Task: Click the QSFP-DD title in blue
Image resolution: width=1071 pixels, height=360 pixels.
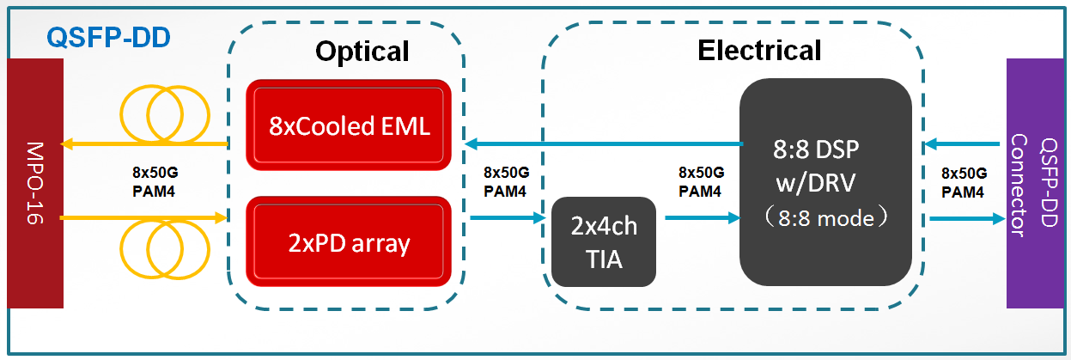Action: pyautogui.click(x=108, y=37)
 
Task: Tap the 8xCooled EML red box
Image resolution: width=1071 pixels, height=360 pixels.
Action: pyautogui.click(x=349, y=125)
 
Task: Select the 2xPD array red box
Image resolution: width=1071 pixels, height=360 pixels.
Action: pyautogui.click(x=349, y=242)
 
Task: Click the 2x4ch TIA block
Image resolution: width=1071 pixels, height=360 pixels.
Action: pyautogui.click(x=604, y=242)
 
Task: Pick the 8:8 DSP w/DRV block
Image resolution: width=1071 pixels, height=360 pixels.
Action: pyautogui.click(x=825, y=182)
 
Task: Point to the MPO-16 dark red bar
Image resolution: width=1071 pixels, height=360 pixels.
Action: pyautogui.click(x=35, y=183)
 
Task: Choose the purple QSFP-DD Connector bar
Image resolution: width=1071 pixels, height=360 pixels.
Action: pyautogui.click(x=1035, y=183)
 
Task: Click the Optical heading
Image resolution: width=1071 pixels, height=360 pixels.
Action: pyautogui.click(x=362, y=52)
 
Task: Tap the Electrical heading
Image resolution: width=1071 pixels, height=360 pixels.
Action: pyautogui.click(x=759, y=50)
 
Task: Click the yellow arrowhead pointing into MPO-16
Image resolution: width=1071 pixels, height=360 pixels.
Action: pyautogui.click(x=66, y=143)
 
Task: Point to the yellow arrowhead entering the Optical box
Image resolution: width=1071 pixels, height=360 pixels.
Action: pyautogui.click(x=221, y=218)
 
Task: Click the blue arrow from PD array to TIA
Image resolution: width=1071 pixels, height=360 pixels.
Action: pyautogui.click(x=508, y=218)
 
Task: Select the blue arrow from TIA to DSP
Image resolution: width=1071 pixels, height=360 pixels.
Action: pyautogui.click(x=703, y=218)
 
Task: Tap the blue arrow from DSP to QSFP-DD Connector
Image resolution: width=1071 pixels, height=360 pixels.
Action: pyautogui.click(x=968, y=219)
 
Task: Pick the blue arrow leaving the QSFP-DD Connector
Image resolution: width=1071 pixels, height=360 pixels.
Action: pyautogui.click(x=962, y=143)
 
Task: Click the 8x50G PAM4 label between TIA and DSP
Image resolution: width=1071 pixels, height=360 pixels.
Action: pyautogui.click(x=701, y=181)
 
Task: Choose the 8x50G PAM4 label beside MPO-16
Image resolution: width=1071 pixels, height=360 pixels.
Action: pyautogui.click(x=155, y=181)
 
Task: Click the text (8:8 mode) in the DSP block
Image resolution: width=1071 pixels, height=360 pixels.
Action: pyautogui.click(x=825, y=218)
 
